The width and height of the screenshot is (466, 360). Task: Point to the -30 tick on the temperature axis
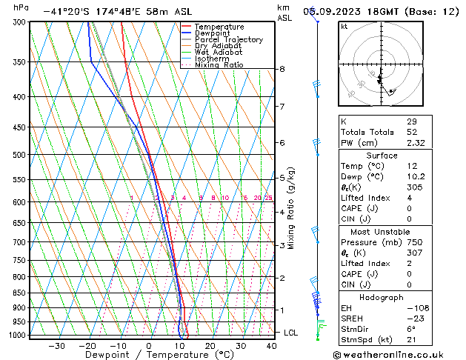pyautogui.click(x=56, y=345)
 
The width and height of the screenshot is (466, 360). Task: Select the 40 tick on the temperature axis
pyautogui.click(x=270, y=345)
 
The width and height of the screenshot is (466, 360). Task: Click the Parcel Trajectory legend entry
pyautogui.click(x=228, y=39)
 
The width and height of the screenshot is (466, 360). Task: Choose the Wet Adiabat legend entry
pyautogui.click(x=218, y=52)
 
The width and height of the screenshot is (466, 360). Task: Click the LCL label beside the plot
pyautogui.click(x=291, y=333)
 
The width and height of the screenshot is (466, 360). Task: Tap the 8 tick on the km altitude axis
pyautogui.click(x=282, y=69)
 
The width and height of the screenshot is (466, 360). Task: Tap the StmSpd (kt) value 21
pyautogui.click(x=411, y=340)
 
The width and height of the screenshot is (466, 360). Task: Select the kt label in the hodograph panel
pyautogui.click(x=344, y=27)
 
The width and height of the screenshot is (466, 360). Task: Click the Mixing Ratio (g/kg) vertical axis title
pyautogui.click(x=291, y=208)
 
